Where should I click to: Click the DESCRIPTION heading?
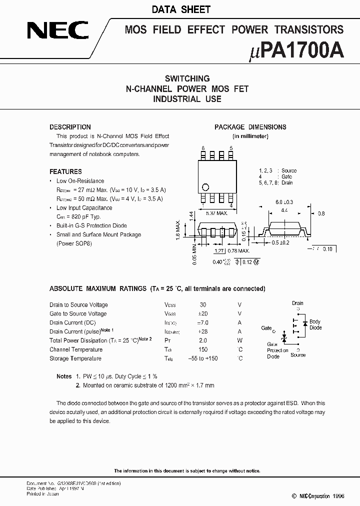point(70,127)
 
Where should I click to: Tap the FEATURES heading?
point(65,171)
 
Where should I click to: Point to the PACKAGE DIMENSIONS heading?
point(250,127)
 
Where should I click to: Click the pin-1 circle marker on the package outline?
point(204,188)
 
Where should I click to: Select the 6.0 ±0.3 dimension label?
point(283,202)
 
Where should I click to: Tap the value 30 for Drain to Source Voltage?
point(203,304)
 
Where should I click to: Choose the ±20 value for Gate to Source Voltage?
point(203,313)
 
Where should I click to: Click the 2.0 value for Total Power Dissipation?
point(203,340)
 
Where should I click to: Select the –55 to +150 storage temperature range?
point(203,358)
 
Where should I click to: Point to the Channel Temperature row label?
point(76,349)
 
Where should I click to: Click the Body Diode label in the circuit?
point(315,325)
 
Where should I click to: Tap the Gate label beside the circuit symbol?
point(266,328)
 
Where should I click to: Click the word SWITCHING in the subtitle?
point(187,78)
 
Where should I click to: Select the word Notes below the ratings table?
point(64,376)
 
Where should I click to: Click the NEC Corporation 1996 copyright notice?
point(310,496)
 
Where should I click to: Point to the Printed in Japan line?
point(42,493)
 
